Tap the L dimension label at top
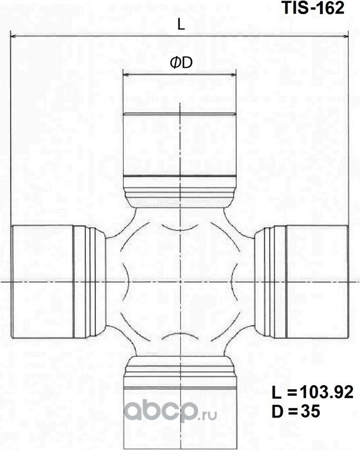(x=181, y=25)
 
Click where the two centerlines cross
(x=179, y=281)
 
